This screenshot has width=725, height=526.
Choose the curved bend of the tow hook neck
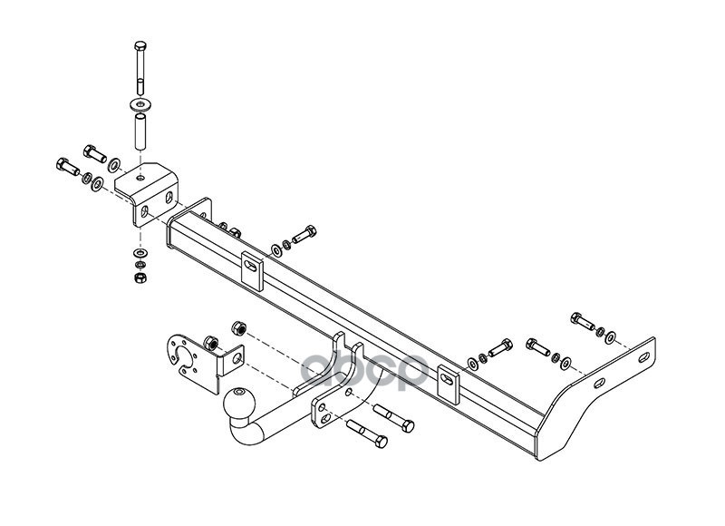249,433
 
